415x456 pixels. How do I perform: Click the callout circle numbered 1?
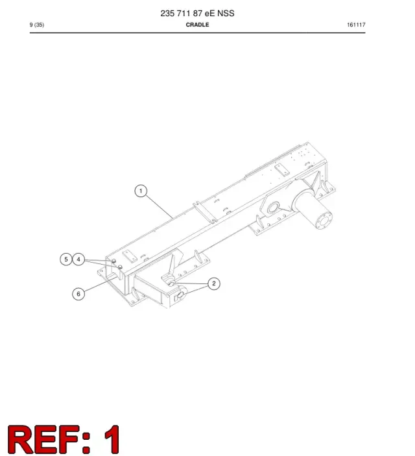141,191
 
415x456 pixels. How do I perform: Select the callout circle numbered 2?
214,283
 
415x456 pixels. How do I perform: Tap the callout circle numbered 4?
78,259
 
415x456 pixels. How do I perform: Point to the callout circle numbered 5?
66,259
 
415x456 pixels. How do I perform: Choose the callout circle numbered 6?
78,294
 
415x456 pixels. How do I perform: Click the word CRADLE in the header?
198,25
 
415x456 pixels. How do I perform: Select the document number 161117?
356,25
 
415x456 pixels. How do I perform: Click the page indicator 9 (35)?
37,25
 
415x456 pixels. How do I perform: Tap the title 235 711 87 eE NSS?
198,14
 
